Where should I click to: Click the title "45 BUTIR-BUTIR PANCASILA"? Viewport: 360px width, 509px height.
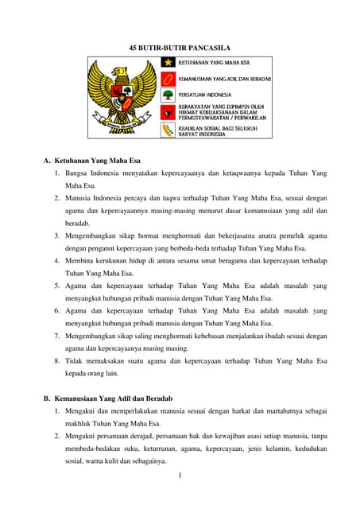(x=180, y=49)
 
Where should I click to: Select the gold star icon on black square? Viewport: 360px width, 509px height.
(x=168, y=62)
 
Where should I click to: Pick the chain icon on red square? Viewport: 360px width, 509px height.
(x=168, y=79)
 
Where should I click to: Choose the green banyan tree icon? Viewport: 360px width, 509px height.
(x=168, y=95)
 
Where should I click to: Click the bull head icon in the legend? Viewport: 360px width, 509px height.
(x=168, y=113)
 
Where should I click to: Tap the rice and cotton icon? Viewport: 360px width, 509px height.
(x=168, y=130)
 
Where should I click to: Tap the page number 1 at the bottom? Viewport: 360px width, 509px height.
(x=181, y=476)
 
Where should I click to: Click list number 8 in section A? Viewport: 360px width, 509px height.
(x=57, y=361)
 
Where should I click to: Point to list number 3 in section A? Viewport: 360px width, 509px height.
(x=57, y=236)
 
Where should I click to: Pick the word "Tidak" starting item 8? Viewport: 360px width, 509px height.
(x=75, y=361)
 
